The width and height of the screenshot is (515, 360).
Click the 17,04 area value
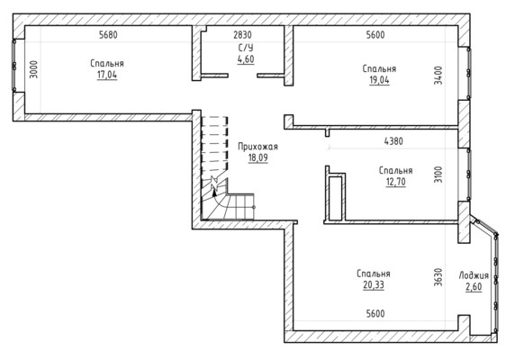click(107, 76)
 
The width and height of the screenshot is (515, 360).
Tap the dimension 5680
click(108, 35)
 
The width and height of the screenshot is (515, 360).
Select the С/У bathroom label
click(246, 48)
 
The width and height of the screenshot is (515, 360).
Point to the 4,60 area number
click(246, 59)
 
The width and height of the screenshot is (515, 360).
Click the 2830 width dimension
click(242, 35)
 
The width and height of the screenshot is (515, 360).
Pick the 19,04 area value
click(379, 80)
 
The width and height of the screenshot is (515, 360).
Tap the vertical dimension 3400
click(438, 76)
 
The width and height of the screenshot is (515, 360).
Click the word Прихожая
click(257, 147)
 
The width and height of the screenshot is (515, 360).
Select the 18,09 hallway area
click(257, 157)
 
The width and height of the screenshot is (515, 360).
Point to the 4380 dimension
click(393, 141)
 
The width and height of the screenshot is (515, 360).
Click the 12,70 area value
click(396, 182)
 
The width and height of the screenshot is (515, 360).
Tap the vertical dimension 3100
click(438, 175)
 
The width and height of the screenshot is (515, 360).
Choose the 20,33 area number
click(374, 285)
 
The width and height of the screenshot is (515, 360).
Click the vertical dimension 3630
click(438, 277)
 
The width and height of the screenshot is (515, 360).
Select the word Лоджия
click(474, 275)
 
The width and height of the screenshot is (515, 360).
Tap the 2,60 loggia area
click(474, 287)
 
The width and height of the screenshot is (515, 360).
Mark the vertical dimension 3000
click(34, 69)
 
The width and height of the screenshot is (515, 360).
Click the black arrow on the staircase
click(214, 190)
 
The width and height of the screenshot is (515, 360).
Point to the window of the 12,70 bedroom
click(468, 175)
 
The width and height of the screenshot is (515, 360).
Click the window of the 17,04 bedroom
click(14, 66)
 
